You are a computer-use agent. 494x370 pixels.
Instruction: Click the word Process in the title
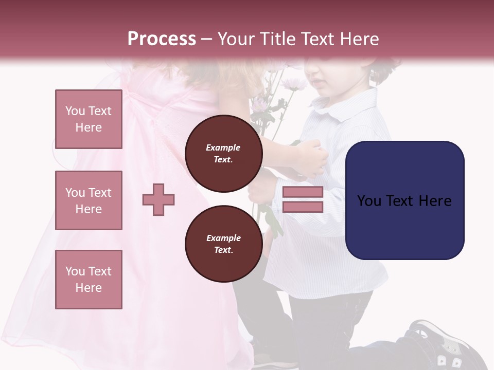point(162,39)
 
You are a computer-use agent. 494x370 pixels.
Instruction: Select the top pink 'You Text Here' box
point(89,119)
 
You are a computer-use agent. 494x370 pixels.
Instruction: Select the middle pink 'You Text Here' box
point(89,200)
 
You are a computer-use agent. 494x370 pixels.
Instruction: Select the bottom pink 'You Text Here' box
point(89,280)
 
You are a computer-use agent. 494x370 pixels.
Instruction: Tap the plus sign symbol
point(158,199)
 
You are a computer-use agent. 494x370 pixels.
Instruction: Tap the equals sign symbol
point(303,199)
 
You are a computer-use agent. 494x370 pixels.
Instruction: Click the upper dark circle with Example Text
point(223,153)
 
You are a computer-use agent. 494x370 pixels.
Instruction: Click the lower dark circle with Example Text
point(223,244)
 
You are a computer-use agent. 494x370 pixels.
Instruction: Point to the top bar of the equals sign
point(303,192)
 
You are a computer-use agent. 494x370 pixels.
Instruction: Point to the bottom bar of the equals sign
point(303,207)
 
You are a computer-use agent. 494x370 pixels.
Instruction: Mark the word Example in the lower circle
point(223,238)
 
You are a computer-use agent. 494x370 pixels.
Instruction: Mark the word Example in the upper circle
point(223,147)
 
